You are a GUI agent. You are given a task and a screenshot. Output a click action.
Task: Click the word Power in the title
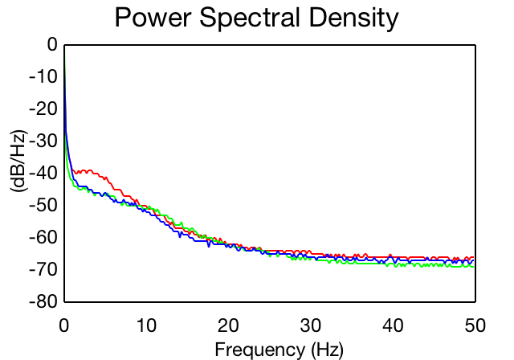153,18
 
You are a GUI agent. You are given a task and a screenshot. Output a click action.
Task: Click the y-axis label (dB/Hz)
18,162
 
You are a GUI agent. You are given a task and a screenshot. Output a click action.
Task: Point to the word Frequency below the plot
260,350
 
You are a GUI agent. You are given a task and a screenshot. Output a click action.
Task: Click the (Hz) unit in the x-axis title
328,350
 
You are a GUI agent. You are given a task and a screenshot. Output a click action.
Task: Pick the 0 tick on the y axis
52,44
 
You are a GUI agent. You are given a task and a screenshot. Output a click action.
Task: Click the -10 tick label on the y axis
43,76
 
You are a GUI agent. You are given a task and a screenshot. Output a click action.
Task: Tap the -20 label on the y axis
43,108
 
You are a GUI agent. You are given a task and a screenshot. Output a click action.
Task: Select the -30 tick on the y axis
43,141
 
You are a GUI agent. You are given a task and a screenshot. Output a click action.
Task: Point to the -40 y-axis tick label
43,173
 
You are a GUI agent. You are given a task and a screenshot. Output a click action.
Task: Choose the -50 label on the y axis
43,205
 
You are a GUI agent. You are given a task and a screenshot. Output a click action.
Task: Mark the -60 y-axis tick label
43,237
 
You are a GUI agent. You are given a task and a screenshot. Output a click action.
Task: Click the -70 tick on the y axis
43,269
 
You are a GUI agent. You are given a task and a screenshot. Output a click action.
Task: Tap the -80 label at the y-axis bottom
43,301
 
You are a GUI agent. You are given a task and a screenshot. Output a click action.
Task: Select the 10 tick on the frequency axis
146,325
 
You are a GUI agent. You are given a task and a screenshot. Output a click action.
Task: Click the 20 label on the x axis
228,325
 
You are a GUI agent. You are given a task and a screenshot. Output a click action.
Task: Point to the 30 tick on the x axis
311,325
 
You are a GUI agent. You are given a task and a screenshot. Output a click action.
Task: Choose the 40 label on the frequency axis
393,325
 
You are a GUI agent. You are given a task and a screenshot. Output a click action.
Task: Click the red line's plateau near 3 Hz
89,171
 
